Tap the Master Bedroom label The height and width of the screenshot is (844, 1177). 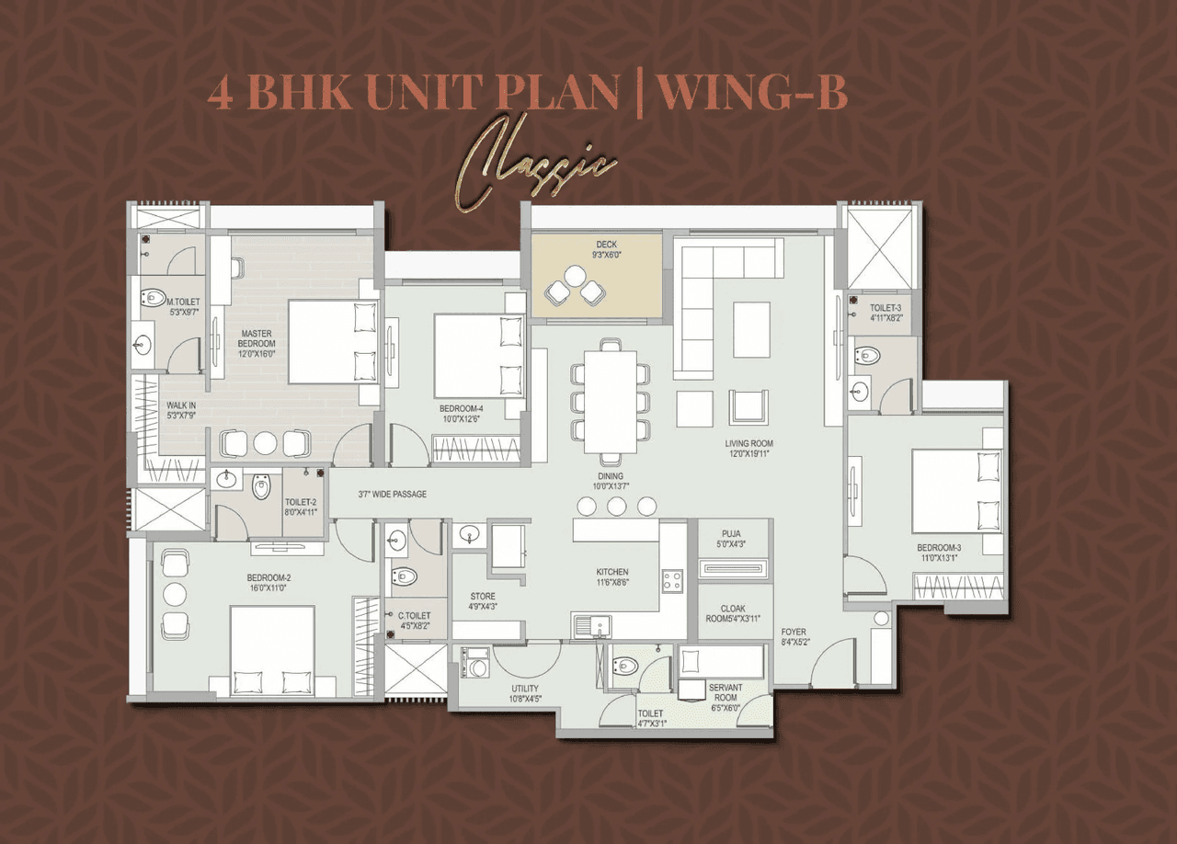click(257, 343)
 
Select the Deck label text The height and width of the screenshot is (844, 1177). click(606, 248)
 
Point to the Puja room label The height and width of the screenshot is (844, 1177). click(732, 538)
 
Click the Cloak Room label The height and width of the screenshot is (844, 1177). click(733, 613)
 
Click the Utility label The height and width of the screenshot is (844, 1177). click(525, 694)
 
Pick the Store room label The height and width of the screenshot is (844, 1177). click(483, 601)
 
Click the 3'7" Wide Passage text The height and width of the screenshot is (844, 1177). click(393, 495)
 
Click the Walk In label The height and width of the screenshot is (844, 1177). click(181, 410)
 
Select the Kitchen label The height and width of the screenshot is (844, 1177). click(611, 576)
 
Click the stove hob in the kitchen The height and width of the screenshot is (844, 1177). click(672, 581)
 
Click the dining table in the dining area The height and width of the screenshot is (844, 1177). click(611, 402)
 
